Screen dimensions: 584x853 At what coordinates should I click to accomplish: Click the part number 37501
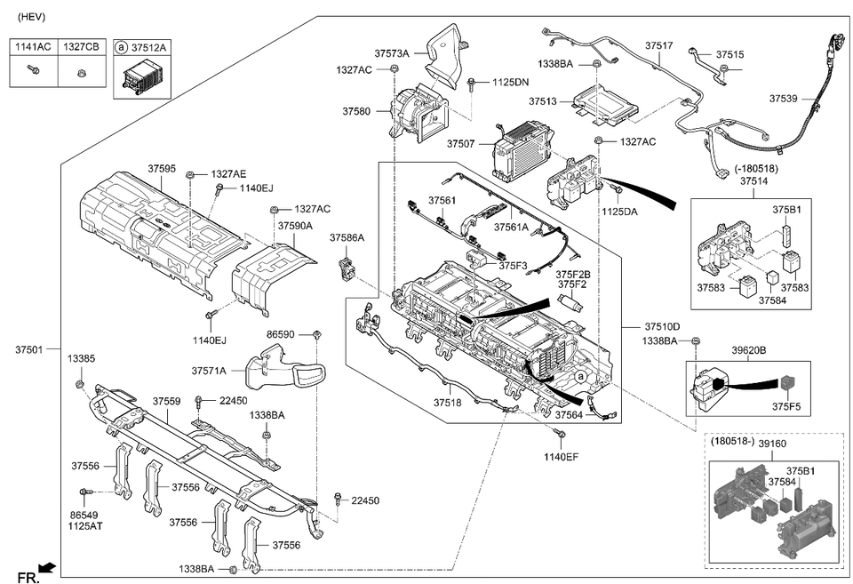[28, 348]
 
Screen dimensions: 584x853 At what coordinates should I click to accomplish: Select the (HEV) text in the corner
[32, 17]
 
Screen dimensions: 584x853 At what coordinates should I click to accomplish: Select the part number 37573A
[391, 54]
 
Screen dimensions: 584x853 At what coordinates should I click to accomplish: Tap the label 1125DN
[510, 82]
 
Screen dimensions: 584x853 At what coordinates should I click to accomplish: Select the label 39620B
[749, 350]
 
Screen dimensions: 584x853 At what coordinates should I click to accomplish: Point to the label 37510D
[663, 326]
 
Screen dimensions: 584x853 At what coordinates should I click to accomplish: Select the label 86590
[282, 334]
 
